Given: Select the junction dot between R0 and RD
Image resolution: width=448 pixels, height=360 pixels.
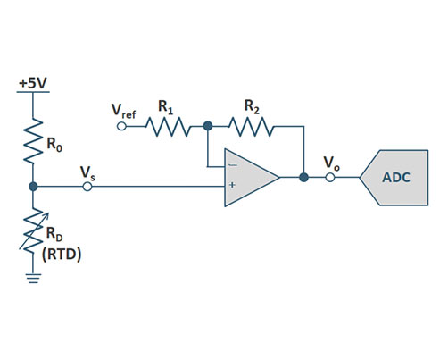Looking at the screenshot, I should [x=33, y=187].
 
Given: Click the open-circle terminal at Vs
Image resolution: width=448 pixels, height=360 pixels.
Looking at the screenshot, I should [x=87, y=187].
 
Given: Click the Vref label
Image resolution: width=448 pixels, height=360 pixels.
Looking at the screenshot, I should [x=124, y=110].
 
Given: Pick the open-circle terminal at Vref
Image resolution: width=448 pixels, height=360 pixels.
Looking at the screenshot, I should [x=124, y=127].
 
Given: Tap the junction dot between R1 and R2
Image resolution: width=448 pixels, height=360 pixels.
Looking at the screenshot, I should [x=207, y=127].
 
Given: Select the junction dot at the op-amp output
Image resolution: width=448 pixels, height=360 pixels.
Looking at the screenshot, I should [x=303, y=177].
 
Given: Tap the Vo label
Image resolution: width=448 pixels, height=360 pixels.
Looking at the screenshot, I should [x=331, y=162].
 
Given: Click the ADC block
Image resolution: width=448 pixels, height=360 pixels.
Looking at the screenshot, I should [x=396, y=177].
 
